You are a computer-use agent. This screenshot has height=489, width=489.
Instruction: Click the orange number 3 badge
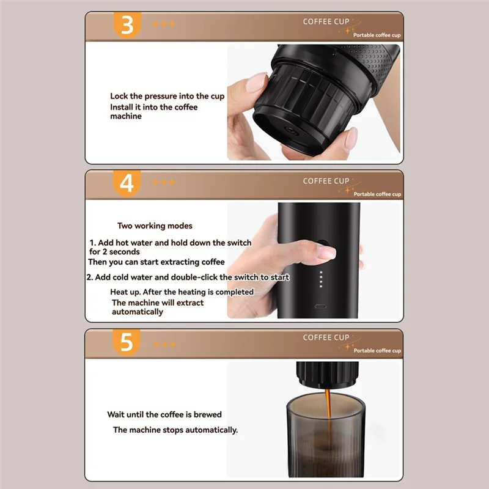[127, 25]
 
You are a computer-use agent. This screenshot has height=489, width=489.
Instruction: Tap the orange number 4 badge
[127, 183]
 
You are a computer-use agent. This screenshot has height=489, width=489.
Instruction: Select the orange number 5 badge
[127, 342]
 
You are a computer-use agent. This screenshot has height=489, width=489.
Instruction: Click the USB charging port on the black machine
[320, 306]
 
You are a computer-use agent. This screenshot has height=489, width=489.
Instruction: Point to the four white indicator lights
[321, 279]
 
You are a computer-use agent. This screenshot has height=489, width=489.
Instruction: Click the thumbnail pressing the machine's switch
[326, 252]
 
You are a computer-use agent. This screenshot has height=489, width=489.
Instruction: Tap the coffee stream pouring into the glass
[328, 415]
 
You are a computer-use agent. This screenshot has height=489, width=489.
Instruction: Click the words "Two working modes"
[155, 226]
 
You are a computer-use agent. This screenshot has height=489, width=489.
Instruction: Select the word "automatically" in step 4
[137, 312]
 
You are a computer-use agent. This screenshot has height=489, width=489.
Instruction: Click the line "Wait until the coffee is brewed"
[164, 414]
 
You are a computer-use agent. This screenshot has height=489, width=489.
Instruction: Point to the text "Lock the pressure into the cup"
[167, 96]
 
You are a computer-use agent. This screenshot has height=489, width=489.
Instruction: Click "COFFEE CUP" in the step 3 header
[326, 21]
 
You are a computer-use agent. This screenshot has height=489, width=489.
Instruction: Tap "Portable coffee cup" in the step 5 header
[377, 350]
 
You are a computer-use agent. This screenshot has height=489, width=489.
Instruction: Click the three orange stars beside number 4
[164, 182]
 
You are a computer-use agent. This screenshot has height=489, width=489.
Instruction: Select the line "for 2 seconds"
[114, 252]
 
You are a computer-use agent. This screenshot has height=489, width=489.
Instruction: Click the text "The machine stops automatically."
[175, 430]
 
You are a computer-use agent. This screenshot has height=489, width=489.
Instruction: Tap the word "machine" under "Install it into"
[126, 116]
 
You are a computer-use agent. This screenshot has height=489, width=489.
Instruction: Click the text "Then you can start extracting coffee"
[156, 262]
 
